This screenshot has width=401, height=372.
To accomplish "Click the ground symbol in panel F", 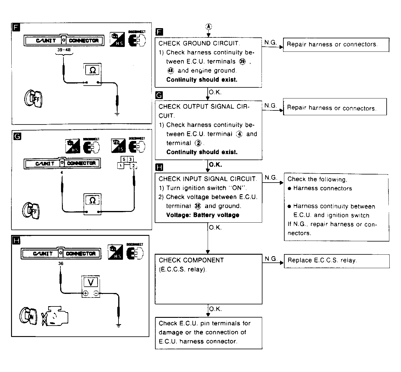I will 117,114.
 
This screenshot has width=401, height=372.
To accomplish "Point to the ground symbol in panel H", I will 119,325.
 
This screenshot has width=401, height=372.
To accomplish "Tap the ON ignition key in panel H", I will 28,316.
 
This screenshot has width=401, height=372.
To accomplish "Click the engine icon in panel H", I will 55,316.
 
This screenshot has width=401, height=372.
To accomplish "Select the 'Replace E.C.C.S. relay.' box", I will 336,261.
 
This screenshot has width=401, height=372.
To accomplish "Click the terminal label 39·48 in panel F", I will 64,50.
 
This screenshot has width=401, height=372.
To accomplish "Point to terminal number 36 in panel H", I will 61,264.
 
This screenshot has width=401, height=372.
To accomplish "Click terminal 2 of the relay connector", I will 133,165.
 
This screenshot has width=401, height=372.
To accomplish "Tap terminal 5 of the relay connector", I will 124,159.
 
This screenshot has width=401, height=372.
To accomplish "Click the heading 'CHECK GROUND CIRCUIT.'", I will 199,43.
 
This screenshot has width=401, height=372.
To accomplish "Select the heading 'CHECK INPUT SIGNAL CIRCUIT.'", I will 207,179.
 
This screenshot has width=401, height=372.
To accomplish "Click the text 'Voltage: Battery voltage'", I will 203,215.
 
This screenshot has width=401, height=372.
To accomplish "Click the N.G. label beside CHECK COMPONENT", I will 271,259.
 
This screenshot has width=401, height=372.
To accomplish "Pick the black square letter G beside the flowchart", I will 160,95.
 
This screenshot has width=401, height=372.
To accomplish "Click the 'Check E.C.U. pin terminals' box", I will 208,332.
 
